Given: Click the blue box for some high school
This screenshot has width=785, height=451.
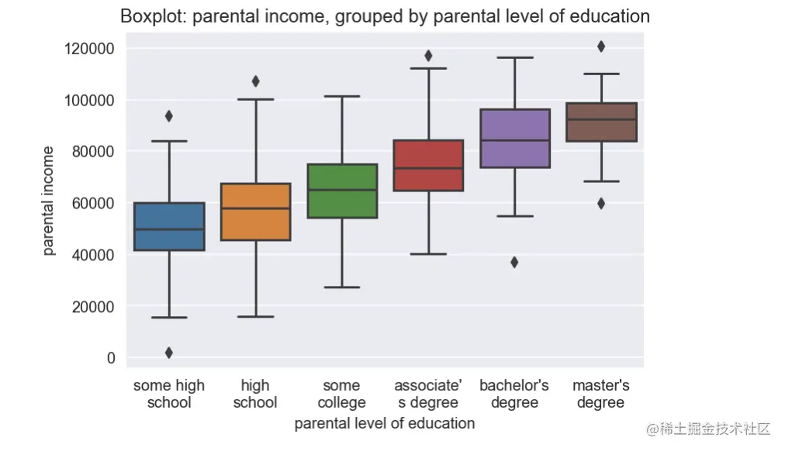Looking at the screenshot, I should (169, 226).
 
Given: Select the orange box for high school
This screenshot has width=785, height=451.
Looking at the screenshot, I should (255, 212).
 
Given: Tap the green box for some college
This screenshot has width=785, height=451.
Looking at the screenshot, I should (342, 191).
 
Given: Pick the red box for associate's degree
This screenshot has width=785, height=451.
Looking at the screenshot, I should (428, 165).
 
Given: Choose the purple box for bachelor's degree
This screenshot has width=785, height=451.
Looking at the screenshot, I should (514, 138).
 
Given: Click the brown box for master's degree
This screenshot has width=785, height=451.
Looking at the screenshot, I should (601, 122).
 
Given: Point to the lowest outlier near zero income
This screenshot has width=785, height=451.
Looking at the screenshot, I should (169, 353).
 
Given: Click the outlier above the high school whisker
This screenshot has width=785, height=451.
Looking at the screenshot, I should (255, 81).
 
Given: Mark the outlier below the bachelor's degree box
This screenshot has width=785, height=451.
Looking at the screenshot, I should (514, 262).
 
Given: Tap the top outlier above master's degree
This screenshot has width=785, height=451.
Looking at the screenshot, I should (601, 46).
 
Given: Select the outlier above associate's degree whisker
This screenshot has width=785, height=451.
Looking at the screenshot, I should (428, 56).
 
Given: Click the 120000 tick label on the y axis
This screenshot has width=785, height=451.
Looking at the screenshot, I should (88, 49).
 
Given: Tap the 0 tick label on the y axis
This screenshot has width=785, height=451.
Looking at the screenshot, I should (111, 358).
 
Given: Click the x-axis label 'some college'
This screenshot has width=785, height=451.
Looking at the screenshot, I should (342, 394).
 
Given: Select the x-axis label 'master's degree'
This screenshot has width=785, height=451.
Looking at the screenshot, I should (601, 394).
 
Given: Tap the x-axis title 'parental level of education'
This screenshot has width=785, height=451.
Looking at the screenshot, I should (385, 424).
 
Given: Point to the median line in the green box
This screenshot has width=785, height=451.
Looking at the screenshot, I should (342, 190).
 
